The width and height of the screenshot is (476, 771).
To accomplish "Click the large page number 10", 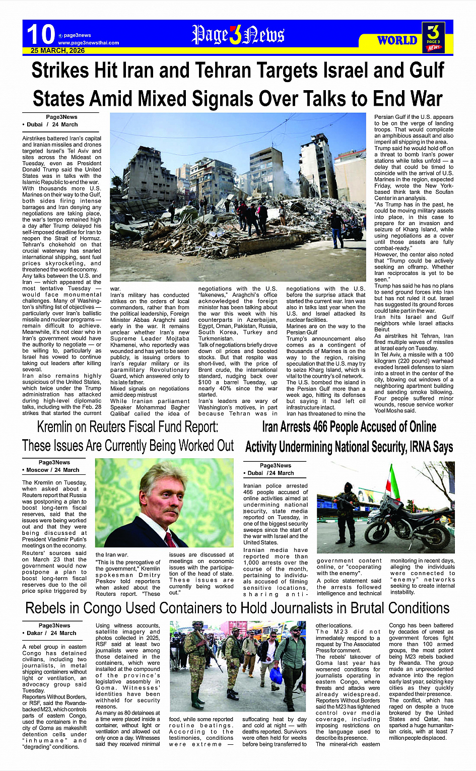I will [40, 34].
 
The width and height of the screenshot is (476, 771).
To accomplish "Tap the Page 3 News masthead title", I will [238, 35].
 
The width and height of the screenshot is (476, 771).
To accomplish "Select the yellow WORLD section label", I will [397, 40].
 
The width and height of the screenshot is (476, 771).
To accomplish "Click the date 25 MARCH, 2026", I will [57, 51].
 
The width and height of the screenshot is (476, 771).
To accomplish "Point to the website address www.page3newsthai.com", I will [88, 43].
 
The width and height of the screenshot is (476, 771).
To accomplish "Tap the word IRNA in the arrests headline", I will [410, 447].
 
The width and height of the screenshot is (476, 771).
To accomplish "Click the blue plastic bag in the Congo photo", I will [276, 674].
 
